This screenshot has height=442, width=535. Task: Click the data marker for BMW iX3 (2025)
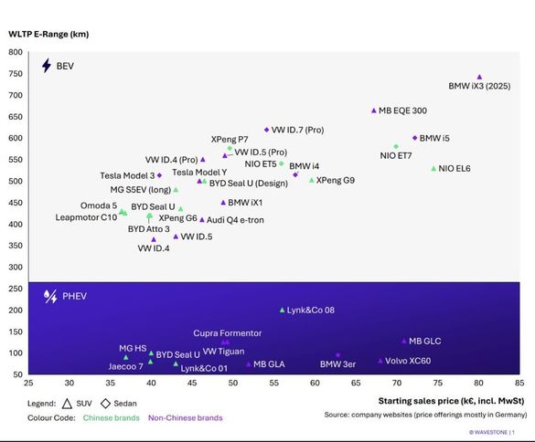coord(479,78)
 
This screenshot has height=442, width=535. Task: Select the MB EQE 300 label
coord(402,110)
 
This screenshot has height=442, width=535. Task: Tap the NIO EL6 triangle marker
coord(433,168)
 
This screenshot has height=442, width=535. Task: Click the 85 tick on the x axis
coord(519,383)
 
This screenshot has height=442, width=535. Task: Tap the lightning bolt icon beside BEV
coord(46,66)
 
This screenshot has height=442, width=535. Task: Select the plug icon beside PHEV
coord(46,295)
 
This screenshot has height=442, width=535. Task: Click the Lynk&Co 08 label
coord(311,310)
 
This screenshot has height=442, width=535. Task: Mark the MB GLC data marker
coord(403,341)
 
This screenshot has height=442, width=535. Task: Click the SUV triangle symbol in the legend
coord(68,403)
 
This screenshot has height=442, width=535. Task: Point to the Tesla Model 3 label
coord(127,175)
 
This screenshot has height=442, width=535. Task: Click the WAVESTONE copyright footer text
coord(492,433)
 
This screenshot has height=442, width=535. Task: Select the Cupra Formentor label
coord(227,333)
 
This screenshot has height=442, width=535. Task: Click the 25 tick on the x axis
coord(28,383)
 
